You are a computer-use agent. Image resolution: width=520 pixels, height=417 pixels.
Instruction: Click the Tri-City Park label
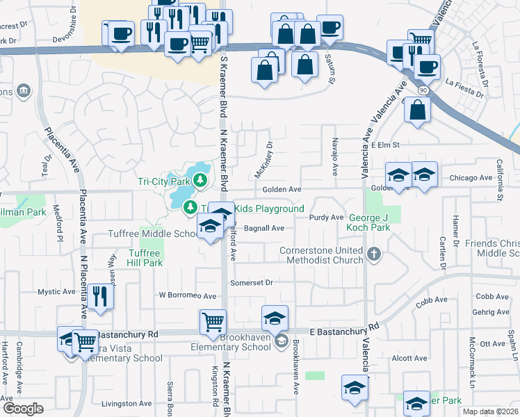(164, 181)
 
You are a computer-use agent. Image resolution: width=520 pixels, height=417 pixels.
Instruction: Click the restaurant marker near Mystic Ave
(100, 297)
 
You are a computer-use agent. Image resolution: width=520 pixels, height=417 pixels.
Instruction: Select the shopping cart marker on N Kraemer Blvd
(213, 321)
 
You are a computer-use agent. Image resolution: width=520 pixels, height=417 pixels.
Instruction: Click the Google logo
(23, 408)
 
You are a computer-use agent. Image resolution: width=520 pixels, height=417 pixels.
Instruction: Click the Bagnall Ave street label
(263, 228)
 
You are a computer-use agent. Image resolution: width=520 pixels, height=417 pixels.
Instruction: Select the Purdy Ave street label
(327, 218)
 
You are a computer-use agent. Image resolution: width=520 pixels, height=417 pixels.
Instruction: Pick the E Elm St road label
(387, 145)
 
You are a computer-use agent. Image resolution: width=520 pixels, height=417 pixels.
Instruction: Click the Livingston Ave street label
(126, 403)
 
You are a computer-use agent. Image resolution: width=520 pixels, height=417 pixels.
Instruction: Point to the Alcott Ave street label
(409, 359)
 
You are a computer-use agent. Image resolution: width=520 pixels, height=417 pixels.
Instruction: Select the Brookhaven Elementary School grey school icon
(281, 340)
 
